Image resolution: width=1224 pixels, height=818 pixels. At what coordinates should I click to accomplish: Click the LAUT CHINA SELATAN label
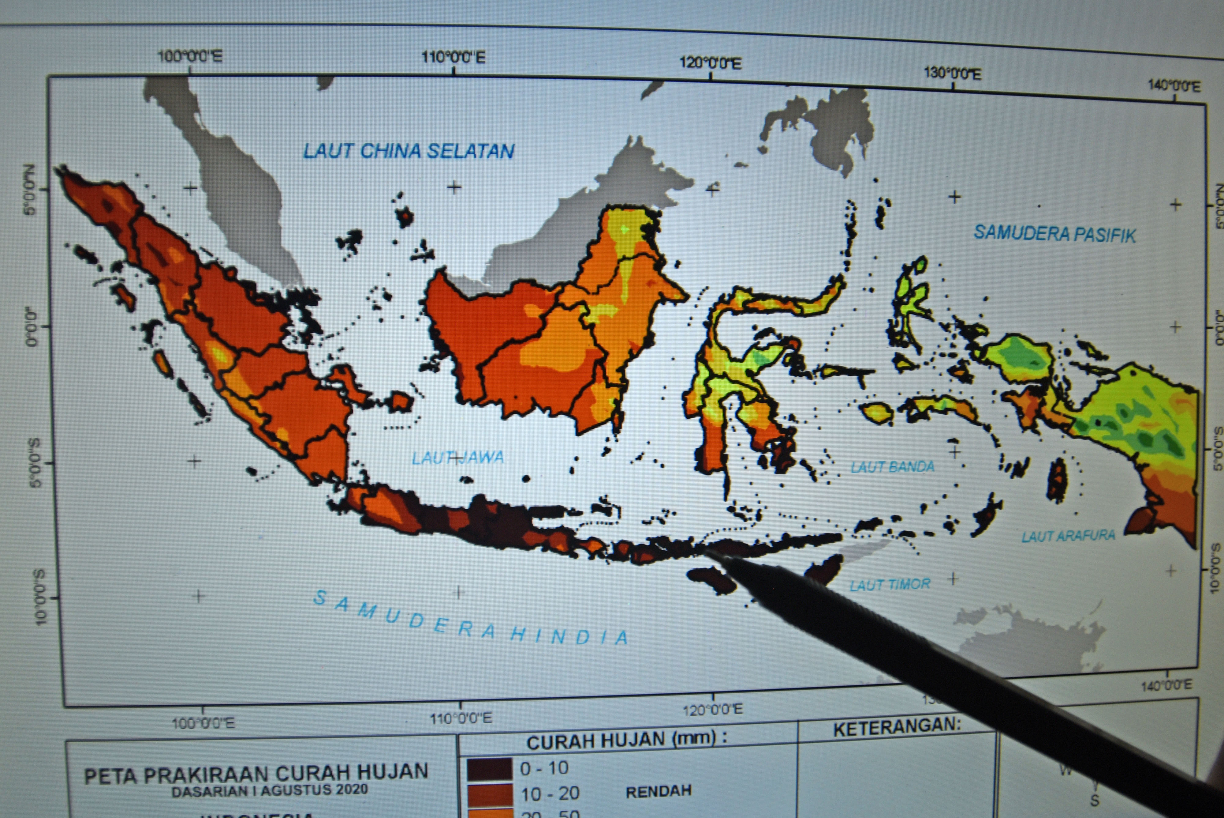tap(409, 151)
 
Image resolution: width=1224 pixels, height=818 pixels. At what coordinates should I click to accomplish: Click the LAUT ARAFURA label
tap(1068, 536)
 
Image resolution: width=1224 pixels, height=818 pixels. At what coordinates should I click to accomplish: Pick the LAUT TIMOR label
tap(890, 584)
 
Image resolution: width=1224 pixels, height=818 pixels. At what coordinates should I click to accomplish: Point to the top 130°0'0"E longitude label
tap(952, 74)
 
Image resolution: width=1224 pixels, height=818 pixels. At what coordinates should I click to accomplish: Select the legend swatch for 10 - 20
tap(489, 794)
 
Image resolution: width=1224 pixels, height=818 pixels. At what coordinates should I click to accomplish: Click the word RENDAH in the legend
tap(659, 791)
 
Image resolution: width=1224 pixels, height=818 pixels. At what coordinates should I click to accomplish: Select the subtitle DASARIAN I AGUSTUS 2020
tap(270, 790)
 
